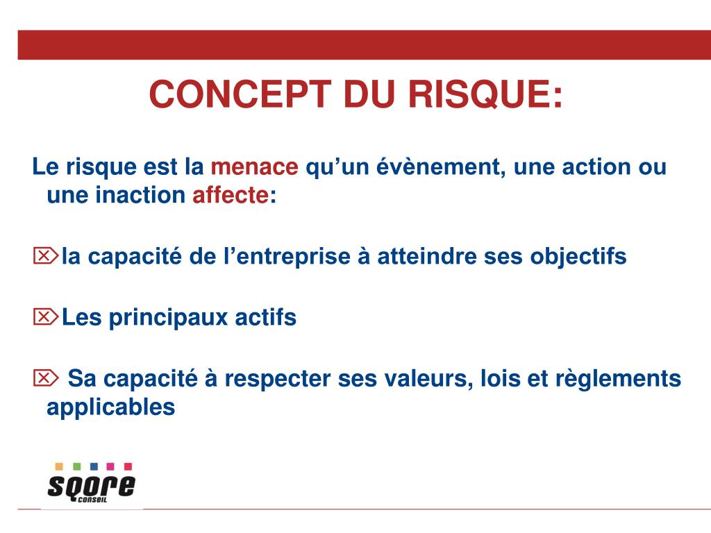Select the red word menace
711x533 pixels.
coord(254,167)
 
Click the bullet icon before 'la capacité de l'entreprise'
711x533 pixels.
coord(46,256)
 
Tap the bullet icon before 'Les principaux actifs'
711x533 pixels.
coord(46,317)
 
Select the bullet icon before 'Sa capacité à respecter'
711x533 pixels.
coord(46,378)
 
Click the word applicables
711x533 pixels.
coord(110,407)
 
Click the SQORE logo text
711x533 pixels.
coord(91,486)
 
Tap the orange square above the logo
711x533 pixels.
coord(59,466)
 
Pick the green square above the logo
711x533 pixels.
coord(76,466)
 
